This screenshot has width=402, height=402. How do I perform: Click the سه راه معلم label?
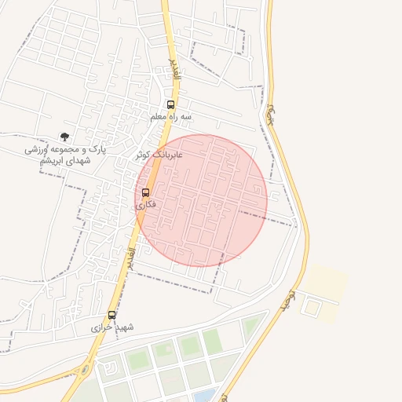[x=171, y=117]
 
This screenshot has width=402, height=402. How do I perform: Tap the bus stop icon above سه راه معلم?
[x=171, y=104]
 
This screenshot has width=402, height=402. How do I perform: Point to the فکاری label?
[x=146, y=204]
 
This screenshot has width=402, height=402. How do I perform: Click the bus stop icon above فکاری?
[x=145, y=192]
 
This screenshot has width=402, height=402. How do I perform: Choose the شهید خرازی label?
[x=112, y=326]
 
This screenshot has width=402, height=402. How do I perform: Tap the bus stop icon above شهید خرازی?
[x=111, y=315]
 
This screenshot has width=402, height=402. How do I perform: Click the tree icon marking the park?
[x=64, y=137]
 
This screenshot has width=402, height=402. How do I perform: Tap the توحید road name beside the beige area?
[x=288, y=301]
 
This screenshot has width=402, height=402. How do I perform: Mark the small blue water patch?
[x=206, y=394]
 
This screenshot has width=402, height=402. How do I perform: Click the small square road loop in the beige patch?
[x=311, y=307]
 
